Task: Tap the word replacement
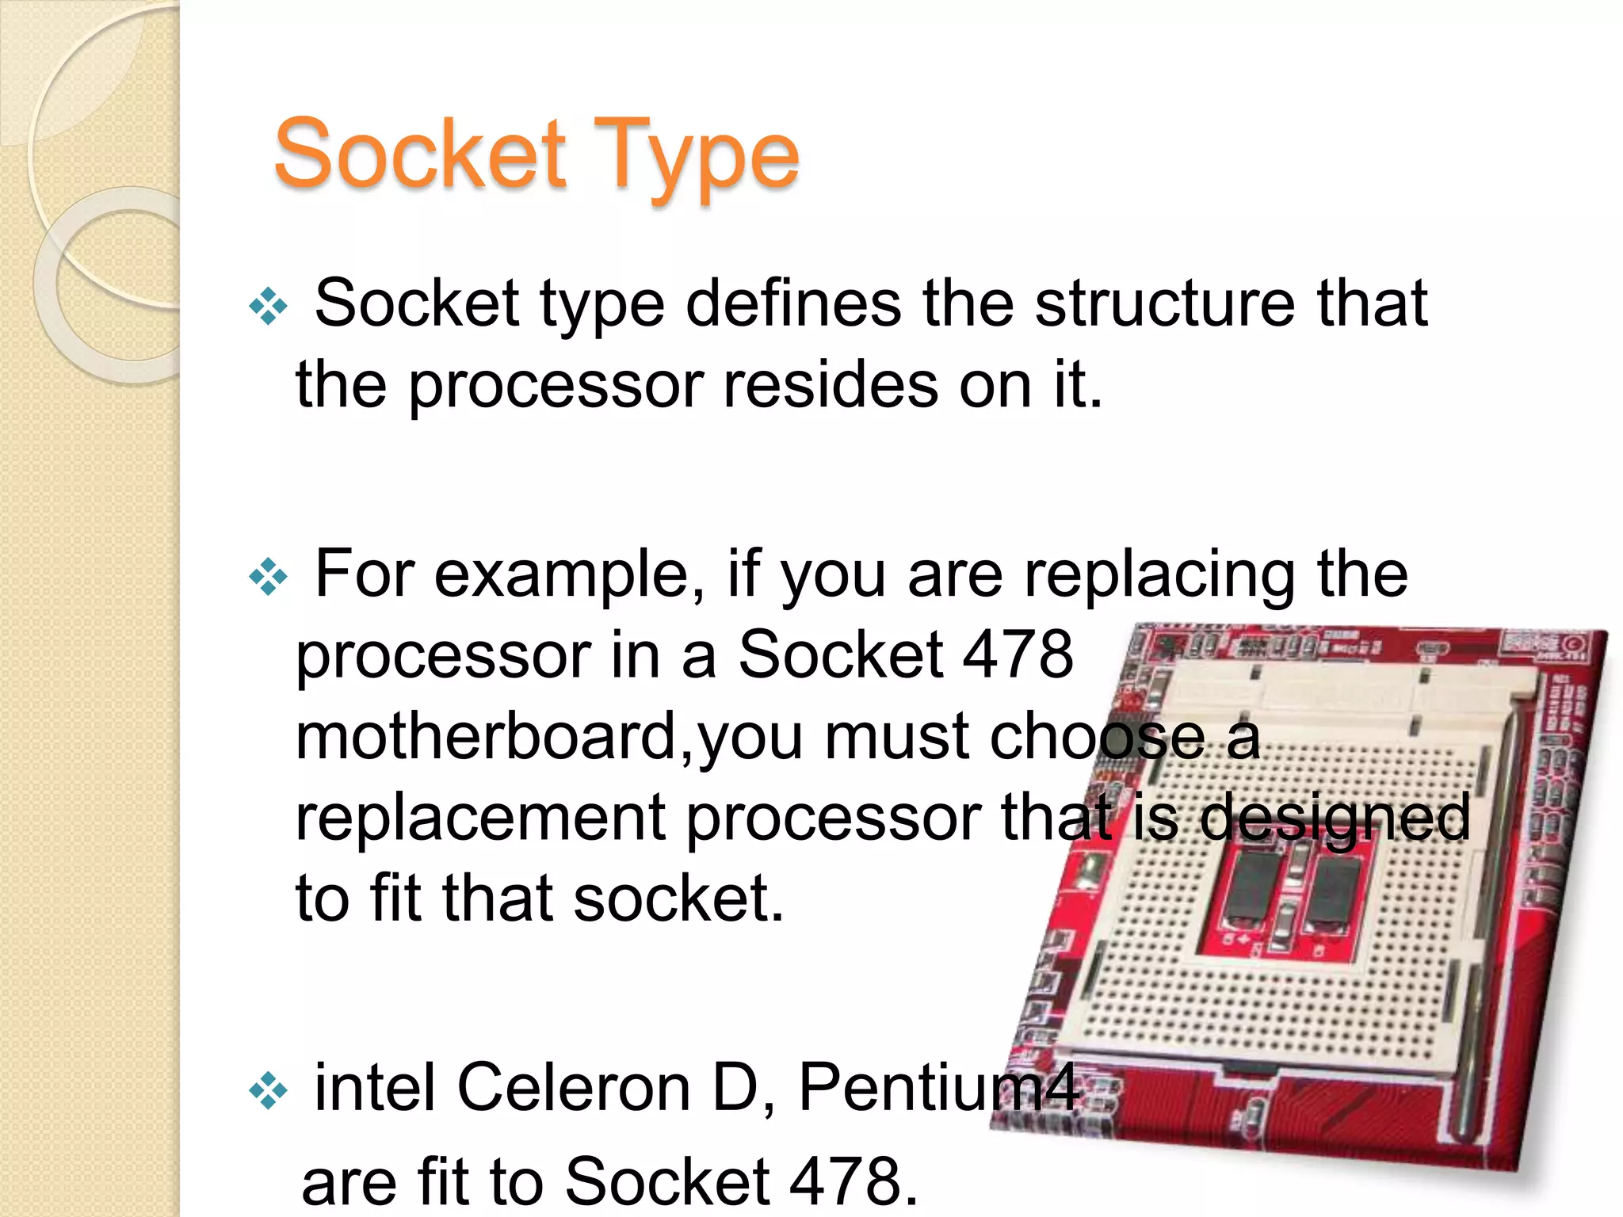479,818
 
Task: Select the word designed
1335,818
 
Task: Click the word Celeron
574,1087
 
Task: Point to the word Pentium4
938,1087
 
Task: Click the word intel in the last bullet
374,1087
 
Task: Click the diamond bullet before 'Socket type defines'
268,306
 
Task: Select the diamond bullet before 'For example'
268,577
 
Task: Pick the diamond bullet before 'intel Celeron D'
268,1090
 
